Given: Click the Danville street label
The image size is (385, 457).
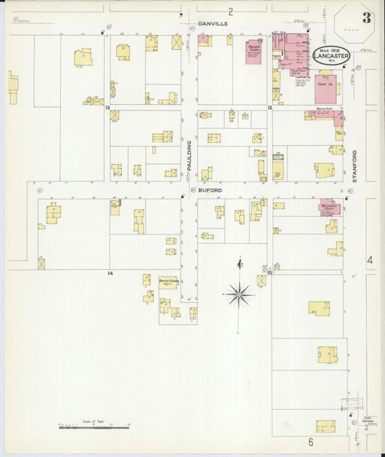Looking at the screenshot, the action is [x=213, y=24].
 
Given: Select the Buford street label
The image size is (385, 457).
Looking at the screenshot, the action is [x=211, y=190].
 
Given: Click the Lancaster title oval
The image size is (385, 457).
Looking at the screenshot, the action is [x=332, y=56].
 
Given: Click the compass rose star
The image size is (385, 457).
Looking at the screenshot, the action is [x=238, y=294].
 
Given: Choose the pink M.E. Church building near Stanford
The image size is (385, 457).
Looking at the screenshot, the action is [x=329, y=206].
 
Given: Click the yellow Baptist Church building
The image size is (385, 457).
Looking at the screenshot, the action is [x=169, y=283].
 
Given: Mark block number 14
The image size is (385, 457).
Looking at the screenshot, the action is [x=111, y=273].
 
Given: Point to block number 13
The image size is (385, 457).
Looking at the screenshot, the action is [x=107, y=108].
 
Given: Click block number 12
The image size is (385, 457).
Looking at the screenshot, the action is [x=269, y=108].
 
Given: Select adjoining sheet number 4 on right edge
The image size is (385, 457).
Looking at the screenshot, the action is [x=369, y=260].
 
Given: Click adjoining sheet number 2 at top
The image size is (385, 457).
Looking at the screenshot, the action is [x=230, y=11].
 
